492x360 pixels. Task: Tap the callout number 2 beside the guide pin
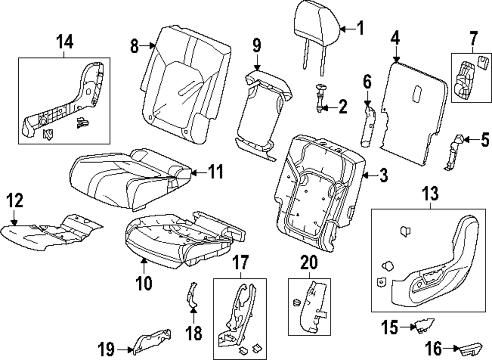(x=342, y=105)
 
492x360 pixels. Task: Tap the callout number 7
(x=473, y=37)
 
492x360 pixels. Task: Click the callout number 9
(x=256, y=47)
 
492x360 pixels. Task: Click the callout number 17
(x=240, y=263)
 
